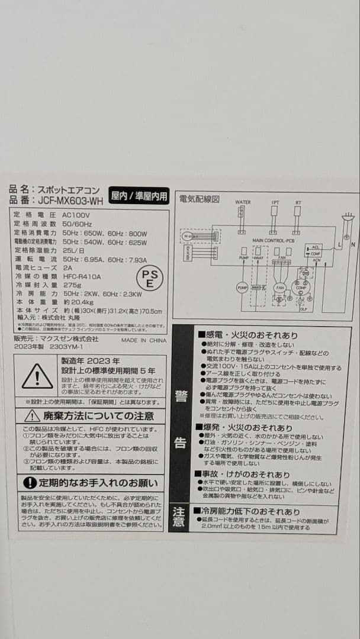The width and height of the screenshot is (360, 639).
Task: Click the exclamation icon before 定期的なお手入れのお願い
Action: [30, 483]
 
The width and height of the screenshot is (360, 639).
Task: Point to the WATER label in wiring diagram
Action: [243, 202]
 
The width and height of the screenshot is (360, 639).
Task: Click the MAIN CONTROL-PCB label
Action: [273, 241]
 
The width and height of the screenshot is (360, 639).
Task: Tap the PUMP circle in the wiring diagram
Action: [242, 288]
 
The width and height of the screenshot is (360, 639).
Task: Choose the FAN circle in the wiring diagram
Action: [279, 288]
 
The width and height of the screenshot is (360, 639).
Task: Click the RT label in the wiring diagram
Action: [298, 202]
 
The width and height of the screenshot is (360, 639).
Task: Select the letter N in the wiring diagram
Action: [353, 243]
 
